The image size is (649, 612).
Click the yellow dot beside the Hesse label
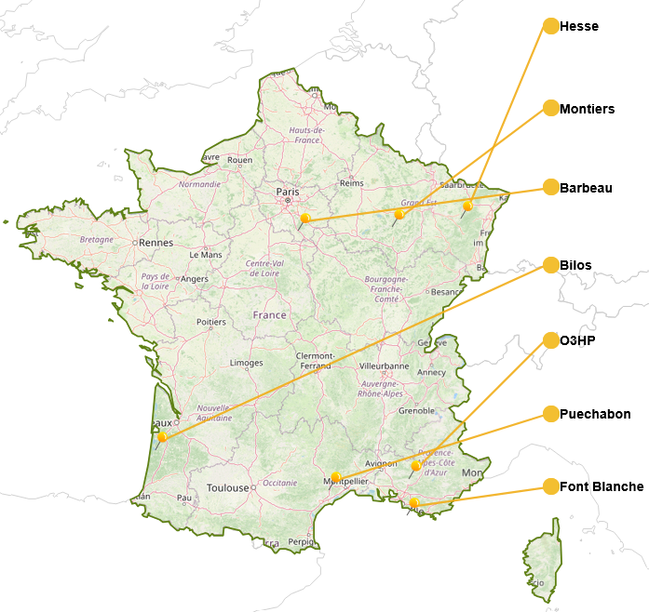(550, 26)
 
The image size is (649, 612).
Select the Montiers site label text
(587, 109)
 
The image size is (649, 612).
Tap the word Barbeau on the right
(586, 188)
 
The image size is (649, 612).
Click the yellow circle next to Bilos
(550, 265)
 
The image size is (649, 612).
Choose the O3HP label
(576, 341)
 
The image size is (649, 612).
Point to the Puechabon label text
(595, 414)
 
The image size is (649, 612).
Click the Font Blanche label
(601, 486)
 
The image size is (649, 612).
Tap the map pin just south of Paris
(304, 219)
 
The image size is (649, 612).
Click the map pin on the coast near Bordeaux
(162, 437)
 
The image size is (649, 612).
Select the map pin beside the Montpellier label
(335, 477)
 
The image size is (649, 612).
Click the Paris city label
(287, 192)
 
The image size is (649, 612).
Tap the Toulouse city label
(228, 488)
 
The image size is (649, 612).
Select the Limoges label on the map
(246, 363)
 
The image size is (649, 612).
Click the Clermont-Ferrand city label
(315, 361)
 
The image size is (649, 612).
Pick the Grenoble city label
(417, 410)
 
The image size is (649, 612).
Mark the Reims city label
(351, 183)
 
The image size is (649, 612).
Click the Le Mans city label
(205, 254)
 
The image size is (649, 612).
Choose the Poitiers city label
(211, 323)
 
